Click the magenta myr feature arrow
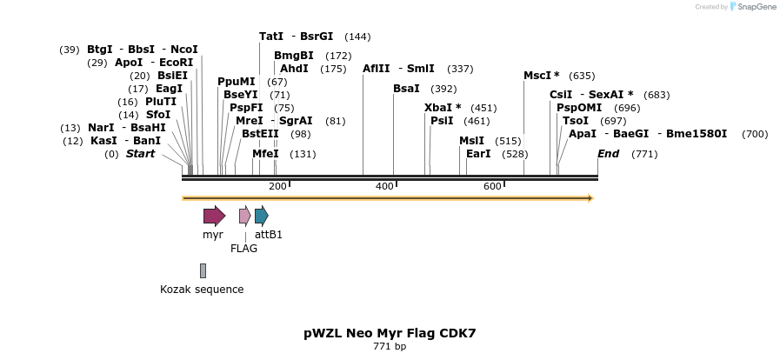pos(214,217)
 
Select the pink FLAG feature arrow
pos(244,217)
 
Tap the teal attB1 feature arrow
pos(261,217)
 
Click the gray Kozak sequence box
pos(203,270)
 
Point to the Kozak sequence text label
pos(202,290)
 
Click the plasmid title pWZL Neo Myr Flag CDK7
pos(390,333)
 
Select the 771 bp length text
pos(390,347)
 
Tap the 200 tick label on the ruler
pos(277,186)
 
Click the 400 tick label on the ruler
pos(384,186)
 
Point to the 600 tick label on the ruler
pos(492,186)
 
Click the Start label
pos(140,154)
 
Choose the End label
pos(608,154)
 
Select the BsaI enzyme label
pos(406,89)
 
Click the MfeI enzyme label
pos(265,154)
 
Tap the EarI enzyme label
pos(478,154)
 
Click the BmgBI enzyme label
pos(294,56)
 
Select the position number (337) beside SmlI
pos(460,69)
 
